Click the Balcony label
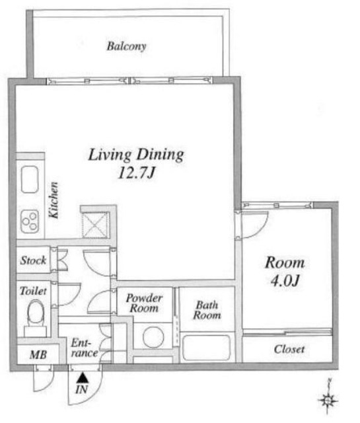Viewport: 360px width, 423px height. click(x=126, y=46)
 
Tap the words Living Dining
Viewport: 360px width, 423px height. click(x=136, y=155)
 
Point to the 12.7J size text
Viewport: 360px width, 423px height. click(x=137, y=173)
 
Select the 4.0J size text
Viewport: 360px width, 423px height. click(x=285, y=280)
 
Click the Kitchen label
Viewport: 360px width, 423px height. click(x=54, y=200)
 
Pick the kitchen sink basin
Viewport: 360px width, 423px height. click(x=30, y=179)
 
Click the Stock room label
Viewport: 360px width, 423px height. click(x=33, y=260)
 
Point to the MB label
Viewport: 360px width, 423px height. click(x=38, y=355)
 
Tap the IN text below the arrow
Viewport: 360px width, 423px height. click(x=82, y=389)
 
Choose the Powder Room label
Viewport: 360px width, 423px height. click(x=144, y=303)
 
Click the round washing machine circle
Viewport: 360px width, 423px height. click(x=153, y=337)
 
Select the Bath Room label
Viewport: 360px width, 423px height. click(x=207, y=310)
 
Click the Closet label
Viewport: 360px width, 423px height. click(x=289, y=350)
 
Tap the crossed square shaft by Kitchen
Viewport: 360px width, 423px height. click(x=94, y=225)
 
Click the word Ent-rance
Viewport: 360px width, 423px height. click(x=84, y=348)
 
